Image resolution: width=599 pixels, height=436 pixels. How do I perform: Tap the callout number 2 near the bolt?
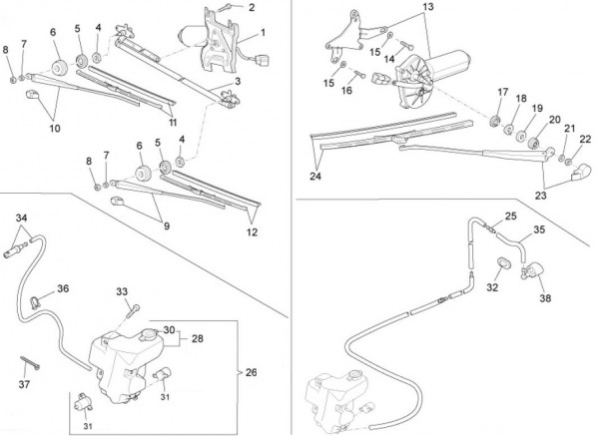(x=252, y=8)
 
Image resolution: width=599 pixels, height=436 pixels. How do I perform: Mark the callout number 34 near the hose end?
(x=21, y=217)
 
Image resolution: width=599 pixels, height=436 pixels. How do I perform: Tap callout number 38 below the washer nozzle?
(x=544, y=297)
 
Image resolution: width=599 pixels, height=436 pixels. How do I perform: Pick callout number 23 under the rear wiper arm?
(x=542, y=197)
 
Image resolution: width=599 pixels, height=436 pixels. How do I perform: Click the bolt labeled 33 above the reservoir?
(x=130, y=310)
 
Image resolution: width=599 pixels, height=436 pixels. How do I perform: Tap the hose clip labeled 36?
(x=39, y=297)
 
